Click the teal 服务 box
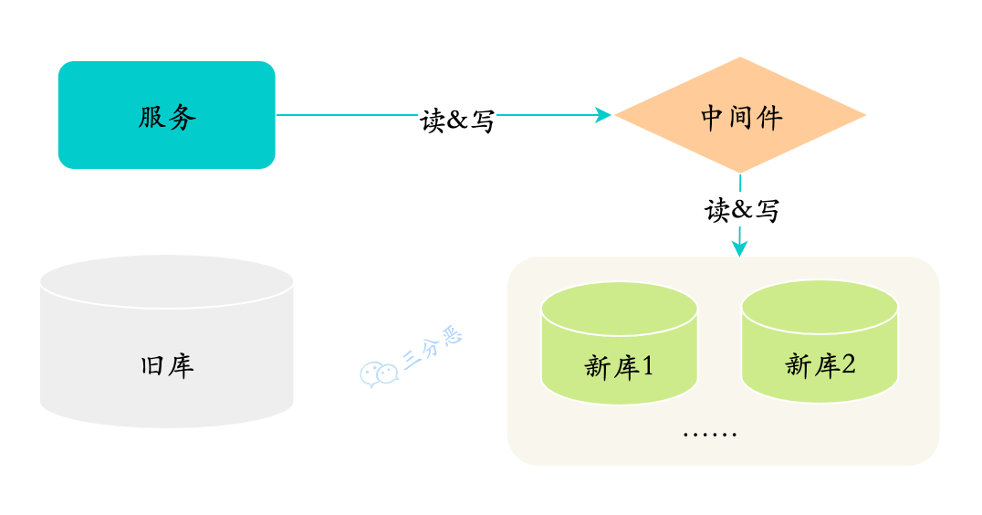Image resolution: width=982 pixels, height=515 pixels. [166, 115]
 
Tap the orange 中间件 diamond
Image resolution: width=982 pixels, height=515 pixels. [740, 115]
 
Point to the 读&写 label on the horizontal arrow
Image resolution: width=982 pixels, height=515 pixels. [458, 120]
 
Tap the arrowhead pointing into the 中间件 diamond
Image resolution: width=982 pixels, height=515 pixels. [603, 115]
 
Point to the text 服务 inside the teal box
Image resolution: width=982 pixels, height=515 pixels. [167, 117]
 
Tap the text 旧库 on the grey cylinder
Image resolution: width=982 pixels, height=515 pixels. [167, 366]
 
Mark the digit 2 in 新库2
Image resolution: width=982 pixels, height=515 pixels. [848, 365]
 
